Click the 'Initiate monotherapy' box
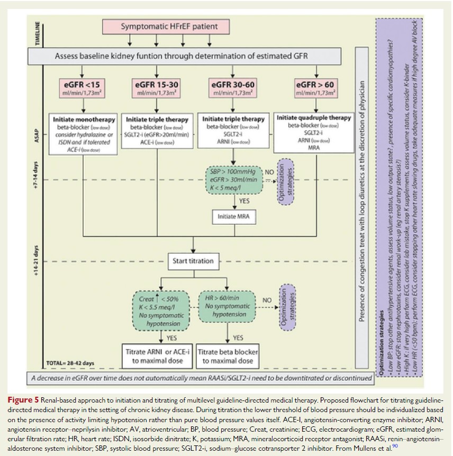coord(81,134)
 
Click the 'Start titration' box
coord(193,260)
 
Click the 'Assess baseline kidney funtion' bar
coord(188,56)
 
